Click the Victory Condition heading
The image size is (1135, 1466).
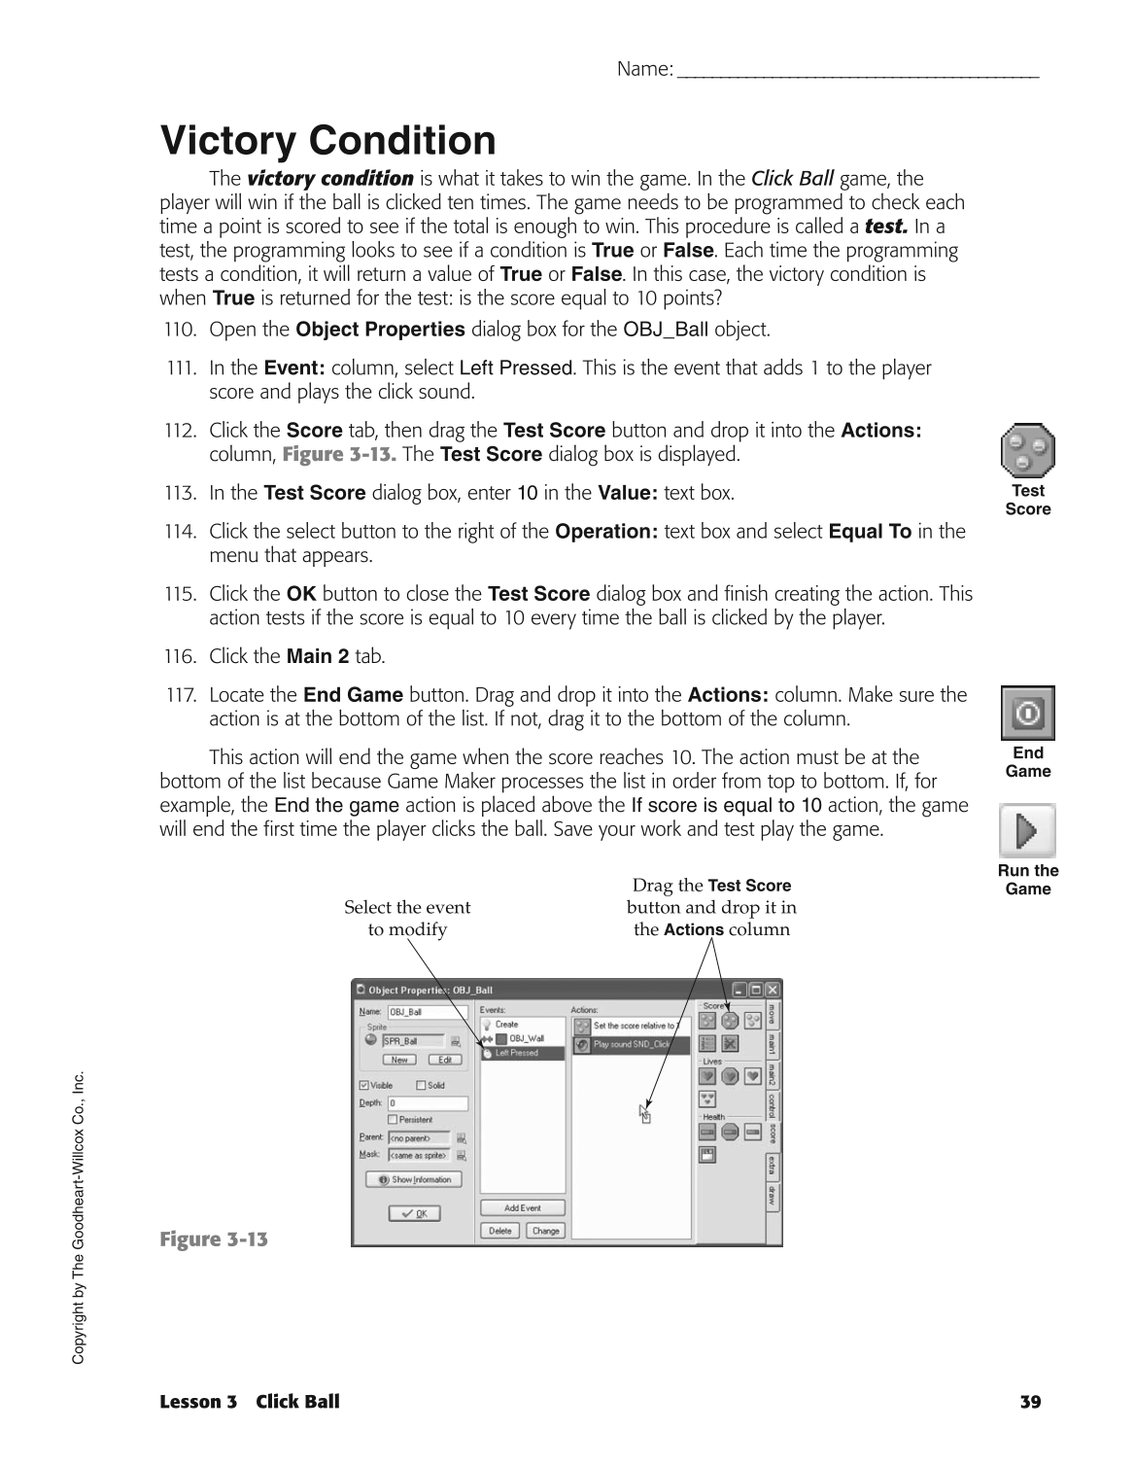[x=327, y=141]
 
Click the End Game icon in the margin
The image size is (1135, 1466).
[x=1027, y=713]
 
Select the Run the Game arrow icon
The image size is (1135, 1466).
[x=1027, y=830]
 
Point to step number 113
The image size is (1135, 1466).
[x=180, y=493]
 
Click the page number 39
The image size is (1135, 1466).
[x=1030, y=1402]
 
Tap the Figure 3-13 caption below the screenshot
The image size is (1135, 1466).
[x=214, y=1239]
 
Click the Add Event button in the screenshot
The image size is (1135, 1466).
[x=523, y=1207]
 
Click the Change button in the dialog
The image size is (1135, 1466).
[x=545, y=1231]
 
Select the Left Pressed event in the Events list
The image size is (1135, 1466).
[x=522, y=1053]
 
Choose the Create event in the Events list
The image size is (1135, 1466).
[x=508, y=1025]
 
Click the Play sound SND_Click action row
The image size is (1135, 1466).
[x=631, y=1044]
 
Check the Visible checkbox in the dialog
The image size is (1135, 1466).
[x=364, y=1086]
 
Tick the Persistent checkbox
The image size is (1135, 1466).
[x=393, y=1120]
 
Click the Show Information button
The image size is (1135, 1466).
[x=414, y=1179]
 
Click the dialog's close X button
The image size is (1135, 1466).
[x=773, y=990]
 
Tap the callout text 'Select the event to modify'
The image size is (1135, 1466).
[x=407, y=918]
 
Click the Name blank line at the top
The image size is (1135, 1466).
[x=857, y=70]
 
